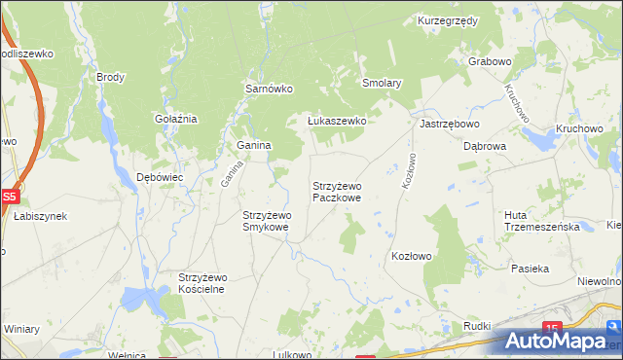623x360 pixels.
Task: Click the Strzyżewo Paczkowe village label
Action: (338, 191)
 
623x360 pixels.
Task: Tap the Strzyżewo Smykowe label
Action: (266, 221)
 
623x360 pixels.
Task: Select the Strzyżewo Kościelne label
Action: (202, 283)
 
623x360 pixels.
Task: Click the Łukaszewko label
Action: (336, 121)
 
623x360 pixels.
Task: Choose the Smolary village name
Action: (383, 84)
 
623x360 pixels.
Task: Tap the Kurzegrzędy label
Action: (447, 20)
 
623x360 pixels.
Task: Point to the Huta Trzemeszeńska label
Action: (542, 221)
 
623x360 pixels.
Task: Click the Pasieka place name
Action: (531, 268)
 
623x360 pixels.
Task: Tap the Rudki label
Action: (477, 326)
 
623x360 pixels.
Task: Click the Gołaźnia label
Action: (176, 119)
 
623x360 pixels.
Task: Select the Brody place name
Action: (110, 76)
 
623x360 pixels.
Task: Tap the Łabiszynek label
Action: (40, 216)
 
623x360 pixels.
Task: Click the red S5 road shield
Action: (9, 196)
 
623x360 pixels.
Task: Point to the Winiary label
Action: (21, 329)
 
